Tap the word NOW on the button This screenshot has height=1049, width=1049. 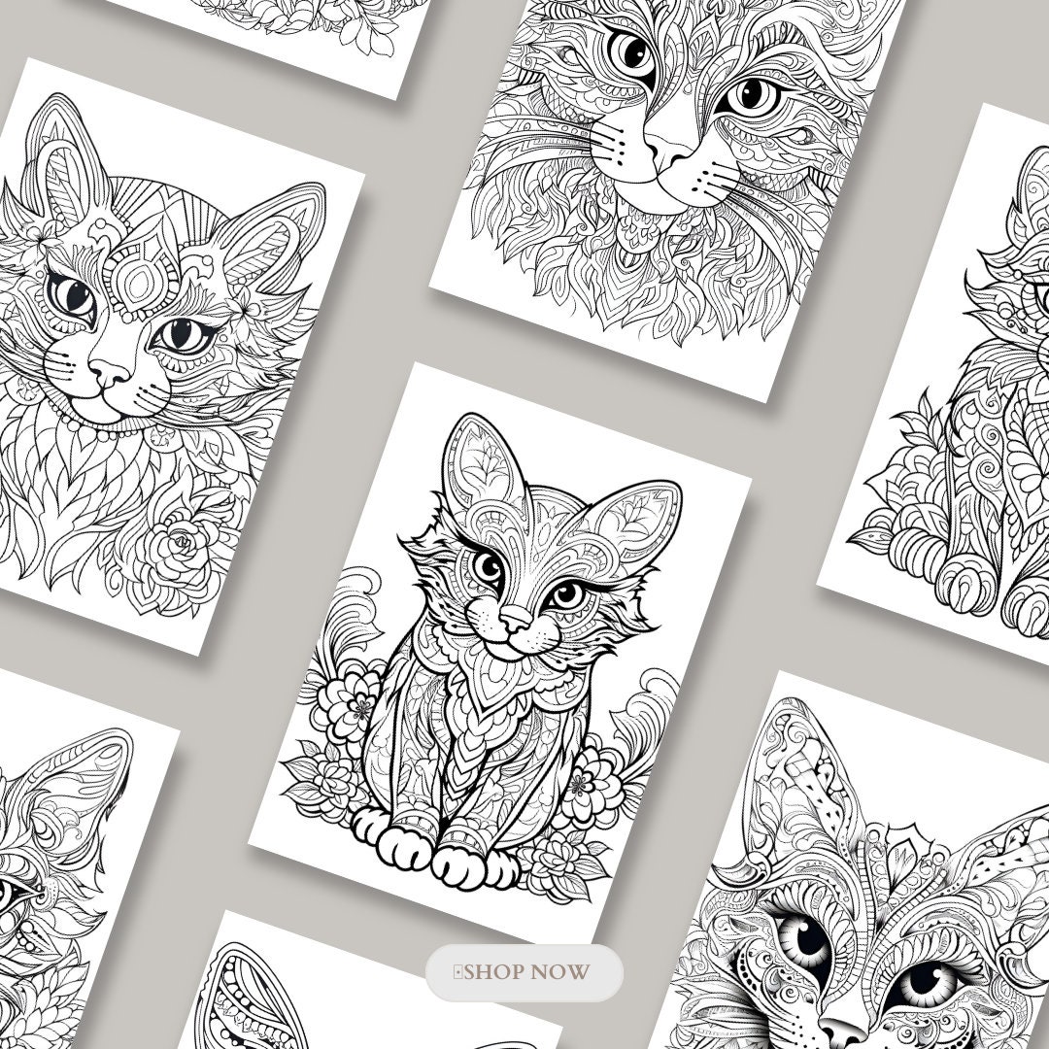pos(564,971)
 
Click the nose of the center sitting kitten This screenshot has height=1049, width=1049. pos(518,617)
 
